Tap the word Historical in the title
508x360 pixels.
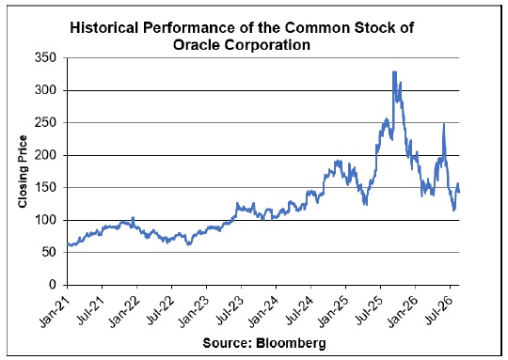104,27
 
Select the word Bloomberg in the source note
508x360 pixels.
291,343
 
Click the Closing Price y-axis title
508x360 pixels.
23,172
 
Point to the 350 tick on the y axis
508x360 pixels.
45,58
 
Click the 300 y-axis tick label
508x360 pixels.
45,90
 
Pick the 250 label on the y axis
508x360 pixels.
45,123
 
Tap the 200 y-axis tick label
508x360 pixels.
45,155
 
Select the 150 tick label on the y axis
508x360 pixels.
45,188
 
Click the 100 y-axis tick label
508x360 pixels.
45,220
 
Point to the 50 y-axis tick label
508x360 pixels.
49,253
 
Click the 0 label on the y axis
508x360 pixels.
53,285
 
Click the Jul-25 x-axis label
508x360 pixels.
369,308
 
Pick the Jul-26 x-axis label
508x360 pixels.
438,308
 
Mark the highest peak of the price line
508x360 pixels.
394,71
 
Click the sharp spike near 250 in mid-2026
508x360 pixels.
444,124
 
